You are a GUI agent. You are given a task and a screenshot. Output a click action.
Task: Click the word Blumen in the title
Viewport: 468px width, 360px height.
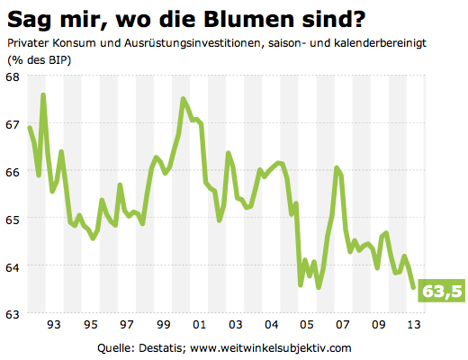(234, 18)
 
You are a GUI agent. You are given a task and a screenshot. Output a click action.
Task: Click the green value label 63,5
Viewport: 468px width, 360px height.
(442, 291)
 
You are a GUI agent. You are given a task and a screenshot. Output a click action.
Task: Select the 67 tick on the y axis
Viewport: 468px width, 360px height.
(14, 123)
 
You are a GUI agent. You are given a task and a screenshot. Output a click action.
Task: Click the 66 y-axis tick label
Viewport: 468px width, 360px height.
(14, 171)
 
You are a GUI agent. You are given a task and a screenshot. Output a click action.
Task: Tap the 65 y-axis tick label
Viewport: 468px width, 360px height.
(14, 219)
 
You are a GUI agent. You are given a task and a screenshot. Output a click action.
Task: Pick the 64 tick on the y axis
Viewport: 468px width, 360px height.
(14, 266)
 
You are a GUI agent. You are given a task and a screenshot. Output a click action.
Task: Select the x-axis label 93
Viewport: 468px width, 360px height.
(53, 324)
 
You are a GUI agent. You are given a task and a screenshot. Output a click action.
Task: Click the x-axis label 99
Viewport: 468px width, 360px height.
(163, 324)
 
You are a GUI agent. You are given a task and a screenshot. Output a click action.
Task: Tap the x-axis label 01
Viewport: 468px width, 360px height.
(199, 324)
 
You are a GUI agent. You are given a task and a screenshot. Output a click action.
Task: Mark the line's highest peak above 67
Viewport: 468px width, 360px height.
(43, 94)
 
